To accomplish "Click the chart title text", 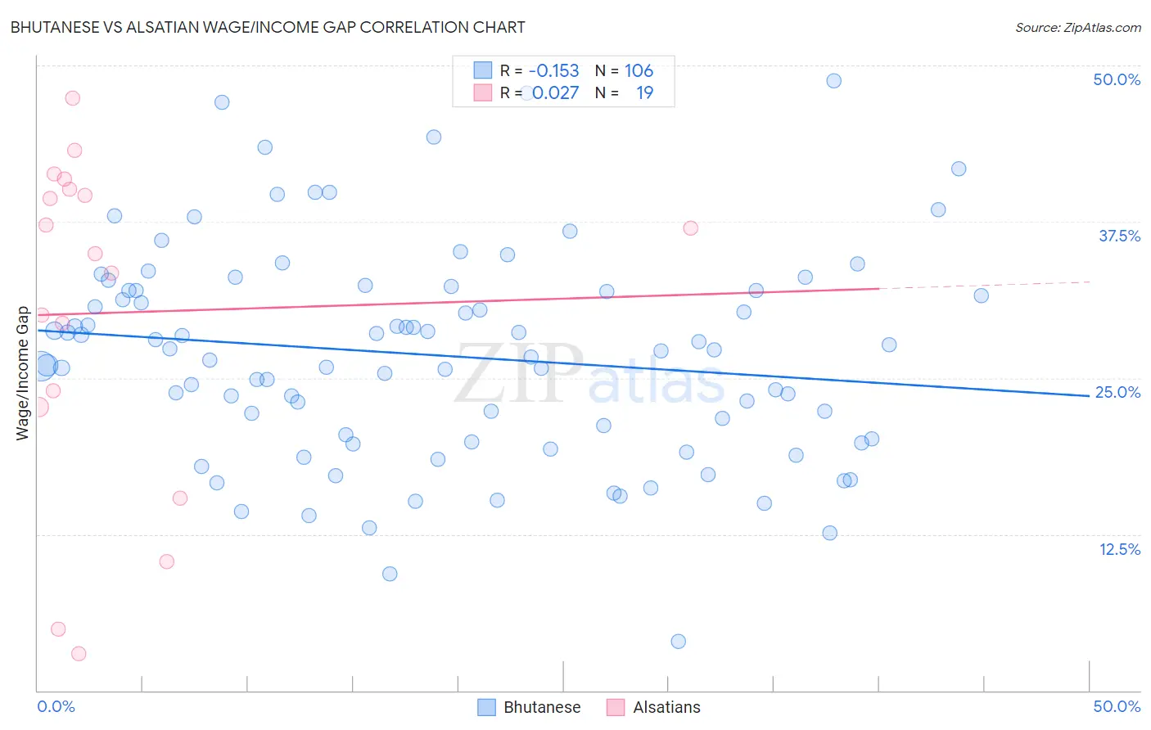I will [268, 27].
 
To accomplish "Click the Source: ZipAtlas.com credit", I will [1077, 28].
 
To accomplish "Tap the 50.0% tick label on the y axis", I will [1117, 79].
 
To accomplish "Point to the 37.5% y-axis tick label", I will [1119, 236].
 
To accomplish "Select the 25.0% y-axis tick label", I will [1117, 392].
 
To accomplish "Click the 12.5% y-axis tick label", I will [1119, 549].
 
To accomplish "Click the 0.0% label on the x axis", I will [56, 706].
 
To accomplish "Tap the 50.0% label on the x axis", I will [1117, 706].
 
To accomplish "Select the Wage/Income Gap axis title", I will [23, 373].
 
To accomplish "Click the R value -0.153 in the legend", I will [553, 71].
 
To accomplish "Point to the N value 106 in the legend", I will [639, 71].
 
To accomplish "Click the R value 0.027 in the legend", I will [555, 93].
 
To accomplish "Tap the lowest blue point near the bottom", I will [678, 641].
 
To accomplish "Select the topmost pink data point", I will [72, 98].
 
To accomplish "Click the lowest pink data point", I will [79, 653].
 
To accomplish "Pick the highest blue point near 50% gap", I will [833, 80].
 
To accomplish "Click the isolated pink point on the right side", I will [690, 228].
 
